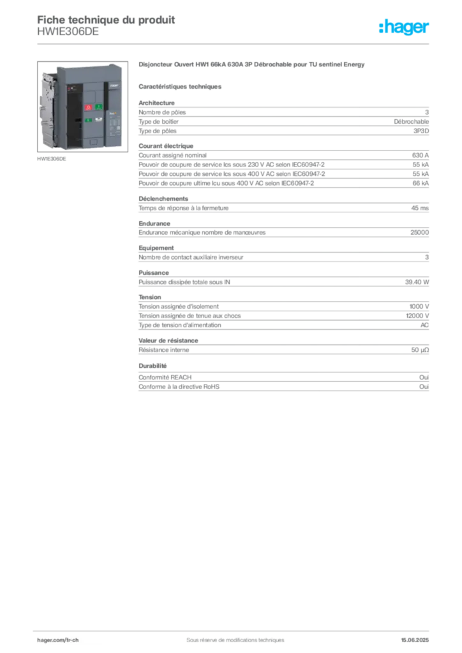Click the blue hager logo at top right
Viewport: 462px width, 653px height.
pyautogui.click(x=405, y=28)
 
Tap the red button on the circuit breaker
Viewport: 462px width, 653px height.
pyautogui.click(x=88, y=108)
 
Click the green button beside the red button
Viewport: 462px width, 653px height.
pyautogui.click(x=99, y=108)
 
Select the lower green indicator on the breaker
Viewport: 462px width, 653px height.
pyautogui.click(x=87, y=120)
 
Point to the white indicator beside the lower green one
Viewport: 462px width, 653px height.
pyautogui.click(x=98, y=119)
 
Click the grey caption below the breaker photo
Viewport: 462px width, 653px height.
pyautogui.click(x=52, y=160)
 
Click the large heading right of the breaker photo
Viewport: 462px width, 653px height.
pyautogui.click(x=252, y=66)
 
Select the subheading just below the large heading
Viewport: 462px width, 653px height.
pyautogui.click(x=181, y=86)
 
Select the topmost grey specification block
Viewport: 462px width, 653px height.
pyautogui.click(x=283, y=117)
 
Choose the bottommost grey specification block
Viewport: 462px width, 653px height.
pyautogui.click(x=283, y=378)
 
